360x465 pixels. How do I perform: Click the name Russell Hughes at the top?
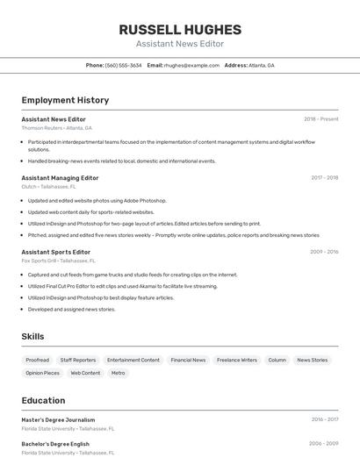click(x=180, y=29)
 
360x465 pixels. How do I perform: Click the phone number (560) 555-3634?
click(x=123, y=65)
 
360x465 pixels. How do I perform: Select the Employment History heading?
click(x=65, y=100)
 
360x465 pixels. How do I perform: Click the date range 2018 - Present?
click(x=320, y=118)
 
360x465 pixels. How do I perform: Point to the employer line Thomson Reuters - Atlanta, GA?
click(x=56, y=128)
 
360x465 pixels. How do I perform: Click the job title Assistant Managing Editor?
click(x=60, y=177)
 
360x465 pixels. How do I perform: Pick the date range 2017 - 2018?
click(x=324, y=177)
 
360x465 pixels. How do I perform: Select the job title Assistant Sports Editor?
click(x=55, y=252)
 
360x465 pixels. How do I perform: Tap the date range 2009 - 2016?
click(x=324, y=252)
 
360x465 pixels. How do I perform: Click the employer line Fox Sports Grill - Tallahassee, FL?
click(x=58, y=261)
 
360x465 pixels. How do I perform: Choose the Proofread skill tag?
click(x=37, y=360)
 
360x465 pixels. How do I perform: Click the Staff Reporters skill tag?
click(x=78, y=360)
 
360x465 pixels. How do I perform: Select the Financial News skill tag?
click(x=188, y=360)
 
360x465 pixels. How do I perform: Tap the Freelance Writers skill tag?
click(x=237, y=360)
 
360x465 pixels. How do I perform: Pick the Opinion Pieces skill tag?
click(x=42, y=373)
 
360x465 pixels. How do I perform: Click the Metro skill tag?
click(x=118, y=373)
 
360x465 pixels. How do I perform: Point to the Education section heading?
click(x=43, y=400)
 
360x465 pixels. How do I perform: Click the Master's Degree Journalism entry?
click(x=58, y=419)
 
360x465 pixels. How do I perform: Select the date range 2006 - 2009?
click(x=323, y=444)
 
